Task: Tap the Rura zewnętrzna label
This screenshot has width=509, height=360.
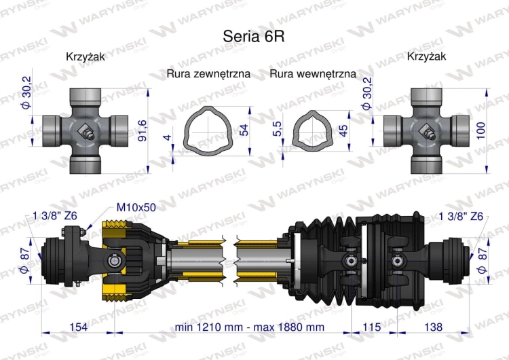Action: (x=208, y=73)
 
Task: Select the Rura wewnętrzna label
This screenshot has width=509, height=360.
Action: (x=312, y=73)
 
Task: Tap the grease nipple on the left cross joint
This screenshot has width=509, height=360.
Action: (x=88, y=134)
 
